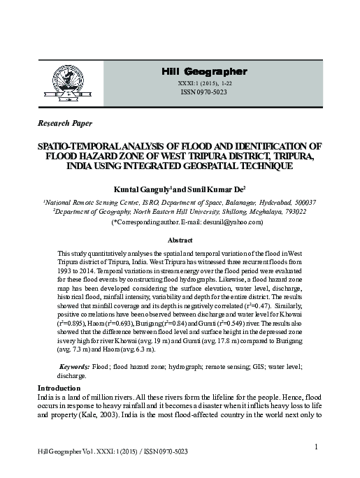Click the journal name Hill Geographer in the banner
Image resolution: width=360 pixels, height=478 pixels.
coord(204,72)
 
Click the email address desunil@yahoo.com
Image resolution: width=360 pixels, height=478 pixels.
coord(234,222)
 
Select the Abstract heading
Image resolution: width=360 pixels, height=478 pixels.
coord(180,240)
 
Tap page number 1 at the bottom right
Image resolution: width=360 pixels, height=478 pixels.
coord(317,447)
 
